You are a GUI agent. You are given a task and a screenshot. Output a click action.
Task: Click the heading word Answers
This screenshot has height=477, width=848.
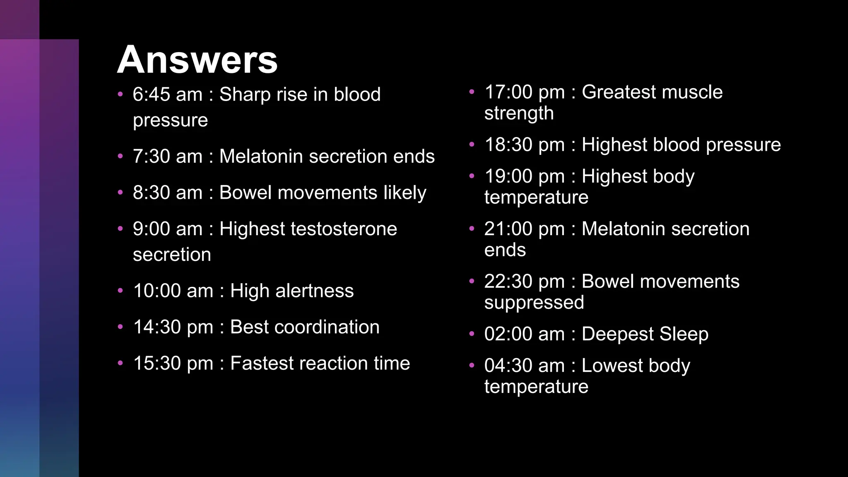pos(197,60)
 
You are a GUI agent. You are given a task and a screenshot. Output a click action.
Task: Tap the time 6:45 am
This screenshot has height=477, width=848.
pos(167,94)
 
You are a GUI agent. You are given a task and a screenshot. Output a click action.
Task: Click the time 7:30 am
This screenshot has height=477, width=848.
pos(167,157)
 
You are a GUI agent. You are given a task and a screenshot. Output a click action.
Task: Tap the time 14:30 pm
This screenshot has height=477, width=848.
pos(173,327)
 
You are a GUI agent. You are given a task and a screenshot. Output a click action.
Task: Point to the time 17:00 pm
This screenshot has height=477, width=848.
pos(525,92)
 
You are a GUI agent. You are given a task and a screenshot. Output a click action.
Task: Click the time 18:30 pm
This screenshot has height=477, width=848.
pos(525,145)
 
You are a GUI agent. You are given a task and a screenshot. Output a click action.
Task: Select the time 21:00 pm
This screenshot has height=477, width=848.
pos(525,229)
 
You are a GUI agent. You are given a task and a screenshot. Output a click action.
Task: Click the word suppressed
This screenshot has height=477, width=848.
pos(534,303)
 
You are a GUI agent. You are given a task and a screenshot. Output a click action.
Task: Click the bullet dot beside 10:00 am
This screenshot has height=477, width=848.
pos(120,291)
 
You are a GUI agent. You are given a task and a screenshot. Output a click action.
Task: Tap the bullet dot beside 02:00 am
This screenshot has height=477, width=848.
pos(472,334)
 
